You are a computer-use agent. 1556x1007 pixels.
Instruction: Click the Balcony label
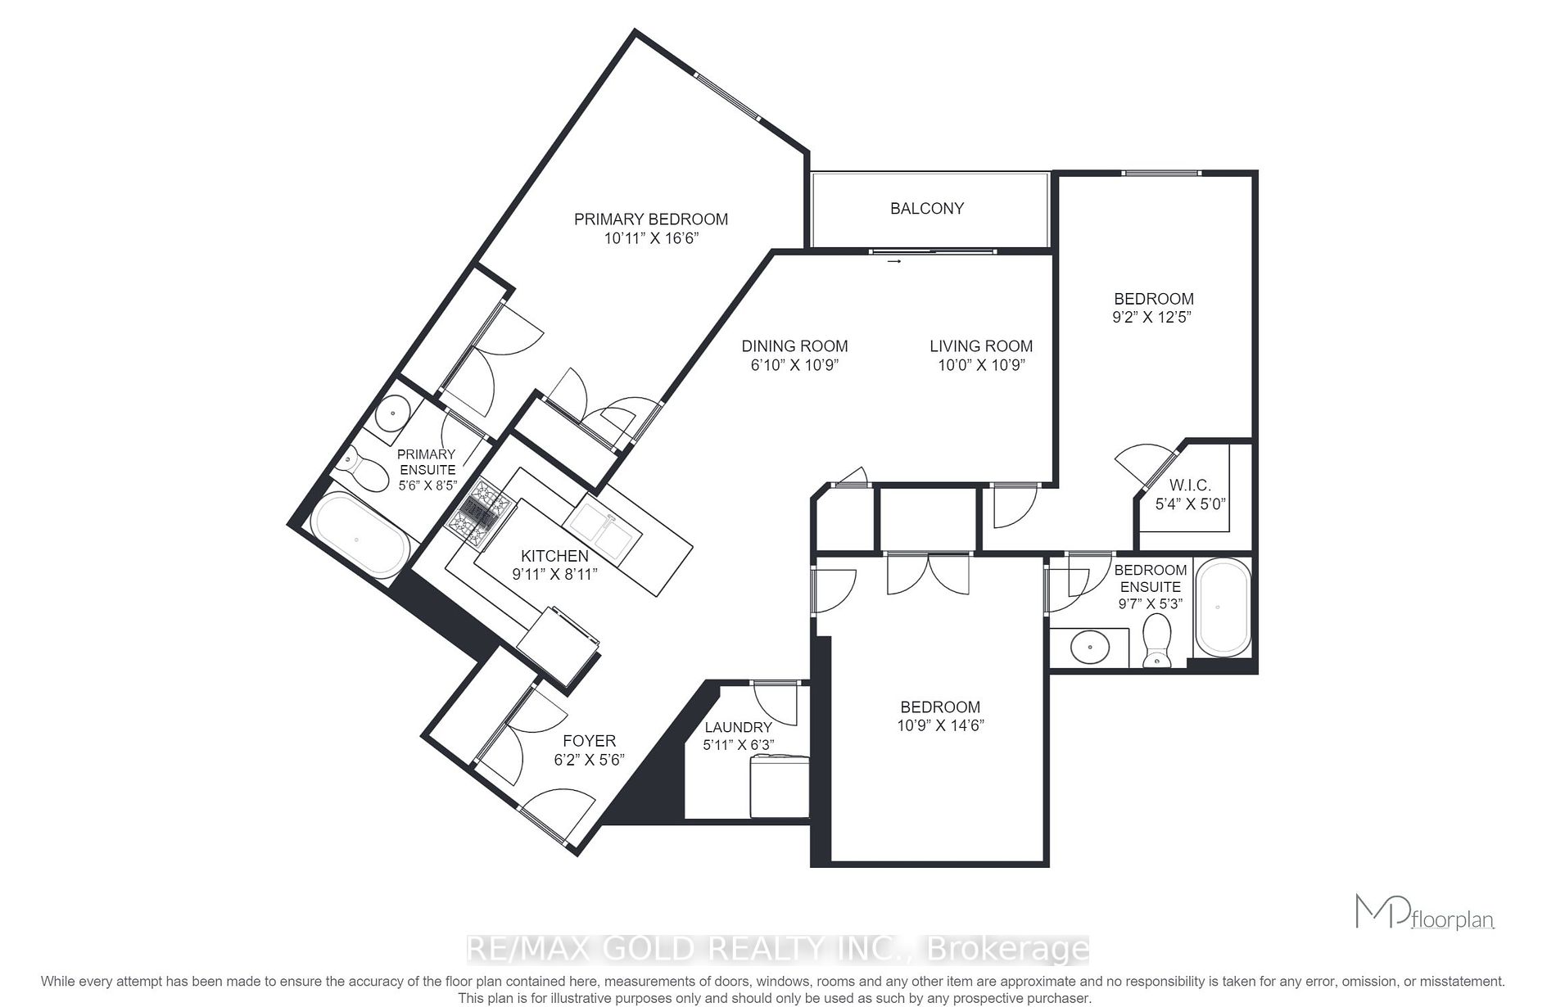pyautogui.click(x=926, y=209)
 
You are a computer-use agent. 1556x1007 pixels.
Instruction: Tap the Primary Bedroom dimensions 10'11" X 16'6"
pyautogui.click(x=650, y=239)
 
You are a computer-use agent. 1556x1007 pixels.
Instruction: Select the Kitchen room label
pyautogui.click(x=554, y=556)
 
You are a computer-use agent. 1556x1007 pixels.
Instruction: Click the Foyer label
pyautogui.click(x=589, y=741)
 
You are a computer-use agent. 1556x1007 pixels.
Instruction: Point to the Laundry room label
pyautogui.click(x=738, y=727)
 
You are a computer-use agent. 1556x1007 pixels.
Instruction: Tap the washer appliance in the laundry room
pyautogui.click(x=779, y=786)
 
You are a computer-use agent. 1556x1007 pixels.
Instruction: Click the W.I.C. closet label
pyautogui.click(x=1190, y=485)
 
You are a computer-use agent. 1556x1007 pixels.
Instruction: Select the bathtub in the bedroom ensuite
pyautogui.click(x=1222, y=607)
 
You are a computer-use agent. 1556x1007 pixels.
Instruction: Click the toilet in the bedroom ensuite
pyautogui.click(x=1156, y=641)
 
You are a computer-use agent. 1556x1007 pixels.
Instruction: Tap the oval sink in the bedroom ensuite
pyautogui.click(x=1091, y=648)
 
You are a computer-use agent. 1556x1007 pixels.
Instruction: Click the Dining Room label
pyautogui.click(x=794, y=346)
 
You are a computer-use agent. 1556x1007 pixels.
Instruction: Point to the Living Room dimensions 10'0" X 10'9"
pyautogui.click(x=981, y=365)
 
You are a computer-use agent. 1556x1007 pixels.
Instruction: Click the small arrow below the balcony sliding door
pyautogui.click(x=893, y=262)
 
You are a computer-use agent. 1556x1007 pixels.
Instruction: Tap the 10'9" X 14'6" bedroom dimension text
pyautogui.click(x=940, y=725)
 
